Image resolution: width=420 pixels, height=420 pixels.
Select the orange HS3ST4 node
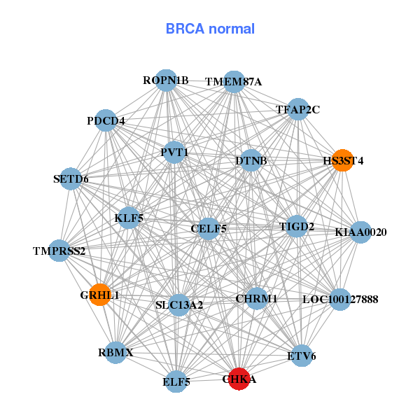coord(342,160)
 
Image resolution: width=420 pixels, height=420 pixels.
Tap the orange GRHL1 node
coord(101,295)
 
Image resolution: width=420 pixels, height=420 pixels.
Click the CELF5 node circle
coord(208,228)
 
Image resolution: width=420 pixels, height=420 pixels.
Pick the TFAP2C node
coord(298,109)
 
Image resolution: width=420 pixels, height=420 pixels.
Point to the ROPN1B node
coord(165,80)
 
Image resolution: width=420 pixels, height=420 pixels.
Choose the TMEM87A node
coord(234,82)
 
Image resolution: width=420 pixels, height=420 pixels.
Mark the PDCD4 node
coord(106,120)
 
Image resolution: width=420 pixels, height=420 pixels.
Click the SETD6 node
coord(71,179)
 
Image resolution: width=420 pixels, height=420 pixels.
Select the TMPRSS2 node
coord(59,251)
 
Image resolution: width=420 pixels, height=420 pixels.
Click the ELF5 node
coord(176,381)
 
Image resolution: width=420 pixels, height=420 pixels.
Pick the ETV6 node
coord(301,356)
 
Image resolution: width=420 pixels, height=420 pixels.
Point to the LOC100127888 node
coord(339,300)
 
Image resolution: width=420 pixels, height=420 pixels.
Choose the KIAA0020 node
coord(360,232)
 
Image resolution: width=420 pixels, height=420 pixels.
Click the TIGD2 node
coord(297,226)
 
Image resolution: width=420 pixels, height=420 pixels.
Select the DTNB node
coord(251,161)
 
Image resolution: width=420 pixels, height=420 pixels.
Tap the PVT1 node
coord(174,152)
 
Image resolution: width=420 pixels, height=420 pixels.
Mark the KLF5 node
coord(129,218)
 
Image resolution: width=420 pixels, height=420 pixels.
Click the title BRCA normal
coord(210,29)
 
